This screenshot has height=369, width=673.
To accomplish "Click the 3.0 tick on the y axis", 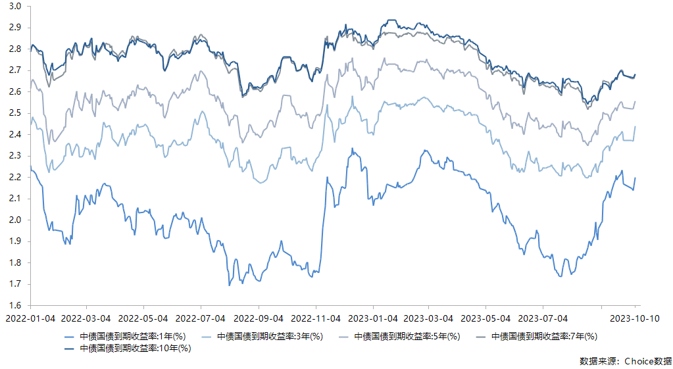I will click(15, 6).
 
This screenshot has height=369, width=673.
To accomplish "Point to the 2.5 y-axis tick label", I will click(15, 113).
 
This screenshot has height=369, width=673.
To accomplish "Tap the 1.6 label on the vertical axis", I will click(15, 306).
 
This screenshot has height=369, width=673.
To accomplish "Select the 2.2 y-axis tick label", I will click(15, 178).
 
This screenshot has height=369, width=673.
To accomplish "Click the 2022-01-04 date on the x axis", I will click(30, 318).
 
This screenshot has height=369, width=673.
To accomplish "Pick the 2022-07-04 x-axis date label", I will click(201, 318).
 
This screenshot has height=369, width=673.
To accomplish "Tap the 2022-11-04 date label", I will click(315, 318).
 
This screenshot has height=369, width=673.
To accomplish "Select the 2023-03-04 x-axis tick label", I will click(429, 318).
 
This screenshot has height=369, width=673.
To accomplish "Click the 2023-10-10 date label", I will click(634, 318).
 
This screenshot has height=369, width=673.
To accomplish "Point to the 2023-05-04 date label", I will click(486, 318).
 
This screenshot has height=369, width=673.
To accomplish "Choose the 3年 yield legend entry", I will click(266, 337).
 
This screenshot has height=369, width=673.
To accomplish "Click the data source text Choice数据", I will click(626, 361).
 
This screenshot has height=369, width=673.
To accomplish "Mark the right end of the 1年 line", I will click(635, 178).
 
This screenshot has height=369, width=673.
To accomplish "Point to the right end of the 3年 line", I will click(635, 126).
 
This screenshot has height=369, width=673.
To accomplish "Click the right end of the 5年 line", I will click(635, 101).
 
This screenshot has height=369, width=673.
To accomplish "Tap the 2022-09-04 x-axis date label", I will click(259, 318).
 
